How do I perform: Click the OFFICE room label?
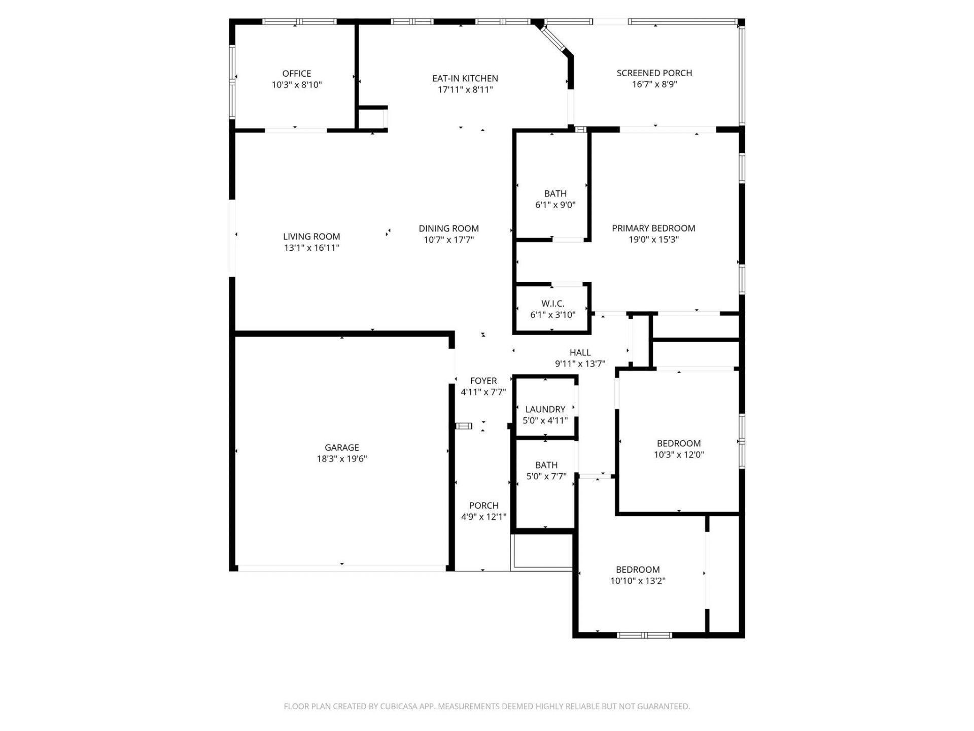pyautogui.click(x=297, y=74)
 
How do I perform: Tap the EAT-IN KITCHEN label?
pyautogui.click(x=465, y=78)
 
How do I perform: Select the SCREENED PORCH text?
pyautogui.click(x=654, y=73)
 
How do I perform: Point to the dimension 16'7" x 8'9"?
pyautogui.click(x=654, y=84)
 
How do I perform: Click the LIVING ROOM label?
pyautogui.click(x=311, y=237)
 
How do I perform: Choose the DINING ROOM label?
pyautogui.click(x=448, y=228)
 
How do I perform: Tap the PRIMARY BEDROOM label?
pyautogui.click(x=653, y=228)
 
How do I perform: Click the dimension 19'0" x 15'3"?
pyautogui.click(x=653, y=240)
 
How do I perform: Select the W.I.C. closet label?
pyautogui.click(x=552, y=304)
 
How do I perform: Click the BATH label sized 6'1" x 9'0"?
pyautogui.click(x=555, y=194)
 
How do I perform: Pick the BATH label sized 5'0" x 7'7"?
pyautogui.click(x=546, y=465)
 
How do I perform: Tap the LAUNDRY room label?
pyautogui.click(x=545, y=409)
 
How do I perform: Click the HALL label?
pyautogui.click(x=580, y=352)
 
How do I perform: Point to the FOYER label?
pyautogui.click(x=483, y=381)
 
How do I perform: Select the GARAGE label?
pyautogui.click(x=341, y=448)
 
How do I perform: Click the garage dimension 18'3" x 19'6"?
pyautogui.click(x=341, y=459)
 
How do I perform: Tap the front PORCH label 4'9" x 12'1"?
pyautogui.click(x=483, y=506)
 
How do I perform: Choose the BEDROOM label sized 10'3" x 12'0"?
pyautogui.click(x=678, y=444)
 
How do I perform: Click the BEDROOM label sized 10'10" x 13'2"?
pyautogui.click(x=637, y=570)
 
